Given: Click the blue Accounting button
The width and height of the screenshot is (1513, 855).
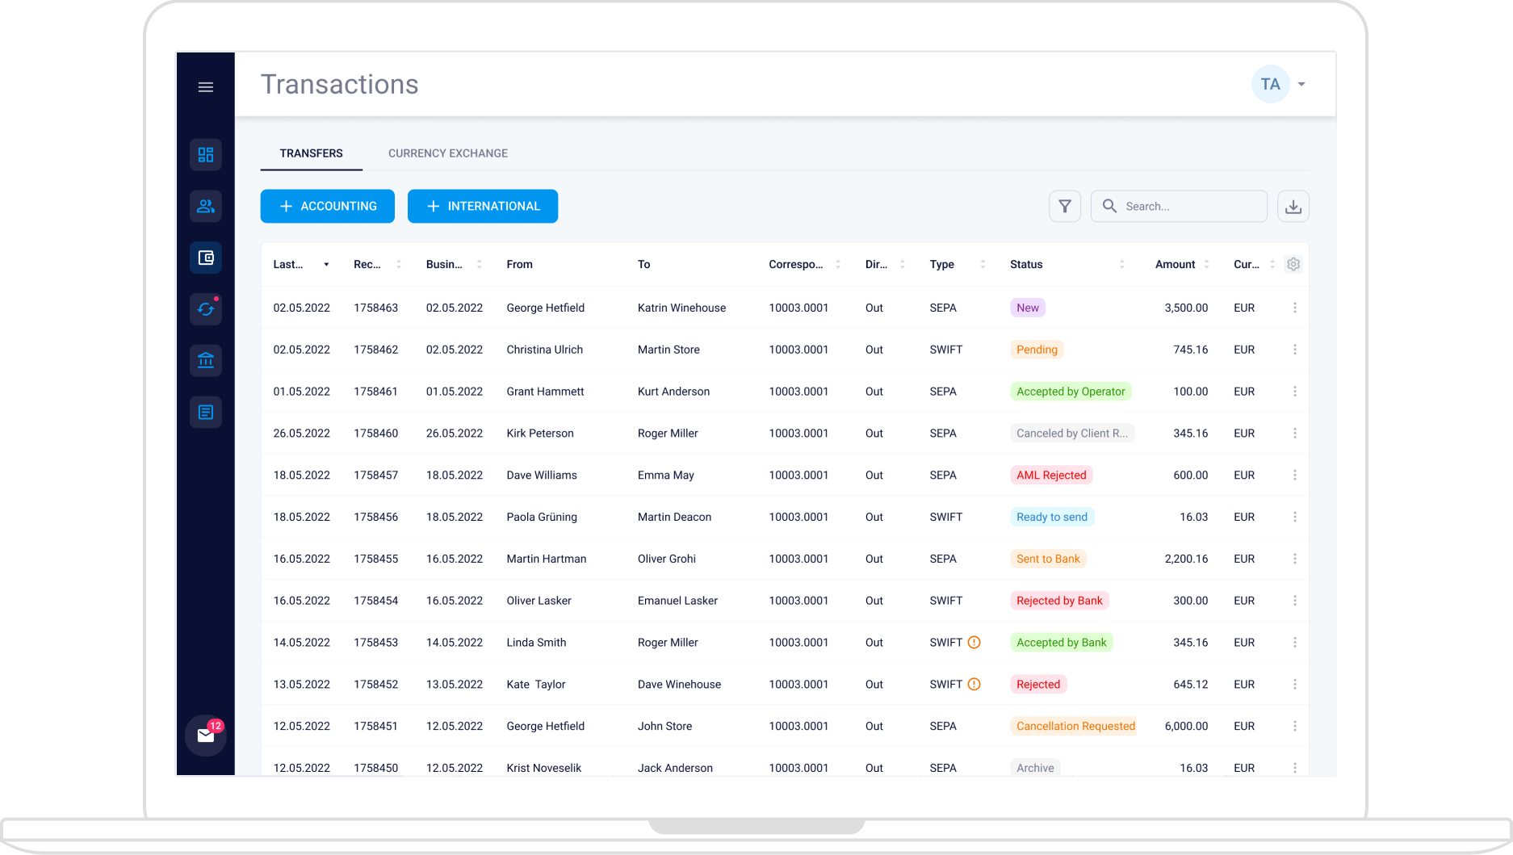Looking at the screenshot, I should tap(327, 206).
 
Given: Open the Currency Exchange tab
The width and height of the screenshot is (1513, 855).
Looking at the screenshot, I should tap(447, 153).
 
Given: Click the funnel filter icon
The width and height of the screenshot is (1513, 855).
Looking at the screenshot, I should tap(1064, 207).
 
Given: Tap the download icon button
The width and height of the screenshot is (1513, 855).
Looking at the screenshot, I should tap(1293, 207).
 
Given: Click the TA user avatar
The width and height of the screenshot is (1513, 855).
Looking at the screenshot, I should tap(1270, 84).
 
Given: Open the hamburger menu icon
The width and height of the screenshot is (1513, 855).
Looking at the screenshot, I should tap(206, 87).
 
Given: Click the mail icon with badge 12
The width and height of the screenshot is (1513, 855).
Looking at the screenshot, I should tap(205, 736).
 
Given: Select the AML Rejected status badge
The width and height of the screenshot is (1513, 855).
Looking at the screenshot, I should tap(1050, 476).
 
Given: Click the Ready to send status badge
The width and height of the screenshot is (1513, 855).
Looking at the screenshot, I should tap(1051, 518).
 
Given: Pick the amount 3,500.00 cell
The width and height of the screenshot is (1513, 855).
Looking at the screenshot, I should tap(1185, 308).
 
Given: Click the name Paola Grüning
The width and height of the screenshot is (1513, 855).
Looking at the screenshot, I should tap(541, 518).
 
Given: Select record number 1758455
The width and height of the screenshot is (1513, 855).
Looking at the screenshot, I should tap(375, 560).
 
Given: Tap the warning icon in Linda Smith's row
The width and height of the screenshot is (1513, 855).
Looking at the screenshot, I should tap(974, 643).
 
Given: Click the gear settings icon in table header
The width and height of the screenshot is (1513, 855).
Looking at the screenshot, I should tap(1293, 265).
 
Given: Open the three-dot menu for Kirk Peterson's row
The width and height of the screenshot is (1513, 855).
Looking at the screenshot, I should tap(1294, 434).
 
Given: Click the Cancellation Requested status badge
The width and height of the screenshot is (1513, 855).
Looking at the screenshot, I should tap(1075, 727).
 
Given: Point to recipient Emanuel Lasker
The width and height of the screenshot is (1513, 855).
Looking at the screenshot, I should tap(677, 601).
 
